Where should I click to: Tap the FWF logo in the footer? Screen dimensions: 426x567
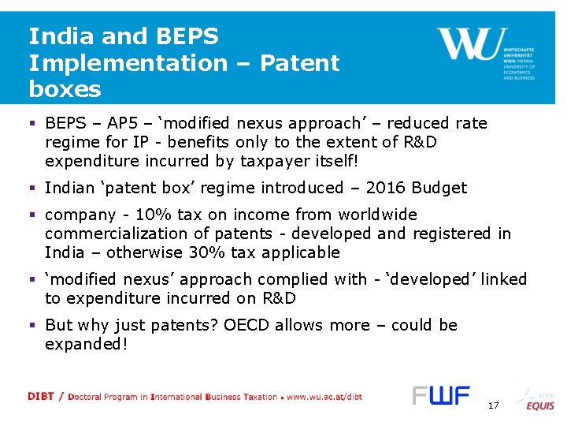click(x=441, y=395)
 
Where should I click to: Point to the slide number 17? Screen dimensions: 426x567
click(x=494, y=405)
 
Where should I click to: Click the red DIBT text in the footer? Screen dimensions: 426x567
click(x=40, y=397)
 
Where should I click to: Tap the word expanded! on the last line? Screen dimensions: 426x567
click(x=87, y=345)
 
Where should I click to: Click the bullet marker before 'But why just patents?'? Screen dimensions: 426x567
click(x=33, y=325)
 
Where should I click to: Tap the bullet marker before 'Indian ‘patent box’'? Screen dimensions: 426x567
click(x=33, y=188)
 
